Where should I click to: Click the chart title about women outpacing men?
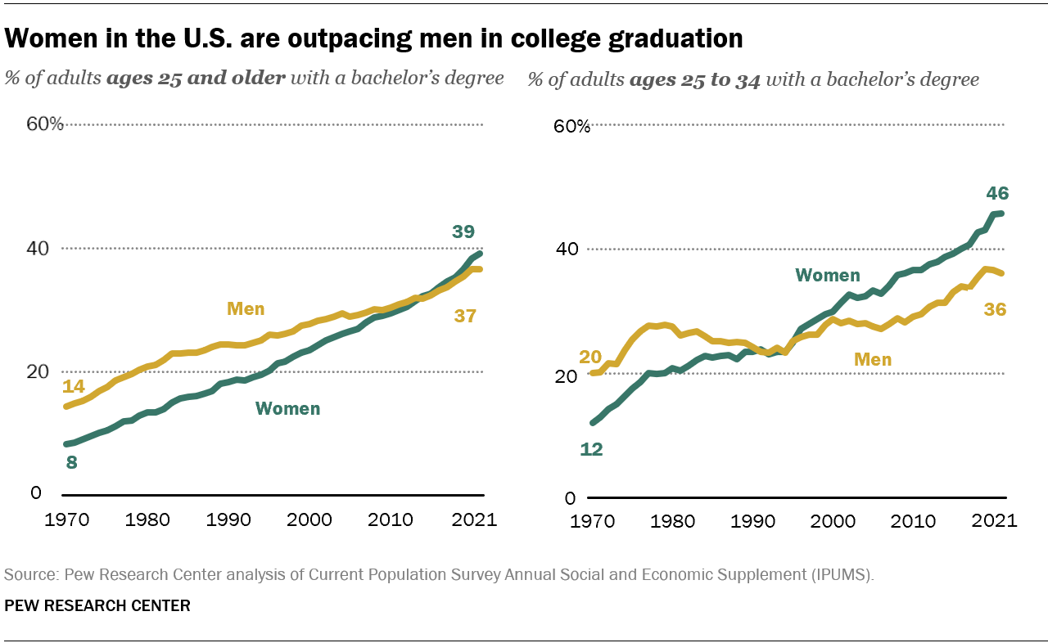[374, 38]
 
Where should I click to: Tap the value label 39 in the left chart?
[464, 232]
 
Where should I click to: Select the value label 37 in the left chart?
[465, 315]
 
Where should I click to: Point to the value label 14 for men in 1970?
[74, 386]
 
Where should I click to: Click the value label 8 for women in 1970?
[71, 462]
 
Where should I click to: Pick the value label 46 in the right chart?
[997, 194]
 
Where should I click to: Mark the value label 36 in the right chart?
[996, 309]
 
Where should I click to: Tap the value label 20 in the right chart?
[589, 357]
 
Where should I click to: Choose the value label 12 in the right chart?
[590, 449]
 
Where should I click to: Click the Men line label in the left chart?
[246, 309]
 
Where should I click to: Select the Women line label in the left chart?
[287, 408]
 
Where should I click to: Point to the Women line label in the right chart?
[827, 275]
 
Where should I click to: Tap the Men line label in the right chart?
[873, 359]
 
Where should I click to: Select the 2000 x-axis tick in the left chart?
[309, 520]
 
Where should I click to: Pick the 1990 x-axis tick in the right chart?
[752, 521]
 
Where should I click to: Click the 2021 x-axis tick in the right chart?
[995, 521]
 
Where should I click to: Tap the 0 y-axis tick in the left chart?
[35, 492]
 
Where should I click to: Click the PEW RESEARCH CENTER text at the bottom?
[97, 606]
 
